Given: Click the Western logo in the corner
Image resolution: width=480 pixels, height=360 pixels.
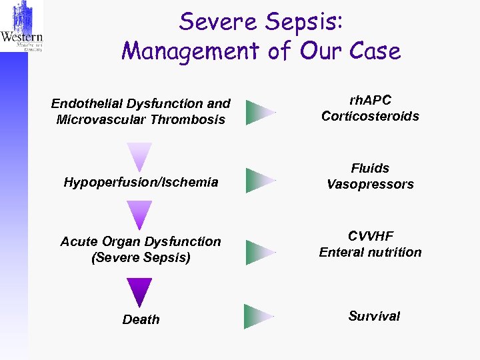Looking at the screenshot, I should pyautogui.click(x=22, y=27).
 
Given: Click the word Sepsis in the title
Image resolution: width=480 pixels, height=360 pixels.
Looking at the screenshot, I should pyautogui.click(x=305, y=21).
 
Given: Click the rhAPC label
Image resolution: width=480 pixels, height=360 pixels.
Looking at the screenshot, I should pyautogui.click(x=370, y=100).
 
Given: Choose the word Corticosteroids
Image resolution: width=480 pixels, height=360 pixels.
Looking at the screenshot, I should pyautogui.click(x=370, y=116).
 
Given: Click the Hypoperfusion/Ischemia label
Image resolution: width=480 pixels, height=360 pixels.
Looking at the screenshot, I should pyautogui.click(x=141, y=182).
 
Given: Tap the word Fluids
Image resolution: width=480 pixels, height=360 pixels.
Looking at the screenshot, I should pyautogui.click(x=370, y=168).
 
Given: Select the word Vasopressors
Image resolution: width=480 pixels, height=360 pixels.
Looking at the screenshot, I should pyautogui.click(x=370, y=184).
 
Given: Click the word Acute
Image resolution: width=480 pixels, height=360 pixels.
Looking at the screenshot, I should pyautogui.click(x=79, y=241).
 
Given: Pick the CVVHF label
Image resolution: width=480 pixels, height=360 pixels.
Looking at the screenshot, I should pyautogui.click(x=370, y=236).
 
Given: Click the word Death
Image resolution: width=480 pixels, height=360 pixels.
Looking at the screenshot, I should pyautogui.click(x=141, y=319).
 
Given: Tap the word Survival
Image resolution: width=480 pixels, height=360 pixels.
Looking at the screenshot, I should pyautogui.click(x=374, y=316).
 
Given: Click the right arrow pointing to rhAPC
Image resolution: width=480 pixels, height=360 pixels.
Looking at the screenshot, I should pyautogui.click(x=259, y=112).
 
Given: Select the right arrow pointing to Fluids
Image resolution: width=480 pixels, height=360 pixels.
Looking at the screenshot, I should pyautogui.click(x=259, y=180).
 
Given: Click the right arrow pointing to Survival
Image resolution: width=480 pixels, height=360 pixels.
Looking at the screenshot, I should pyautogui.click(x=258, y=317).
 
